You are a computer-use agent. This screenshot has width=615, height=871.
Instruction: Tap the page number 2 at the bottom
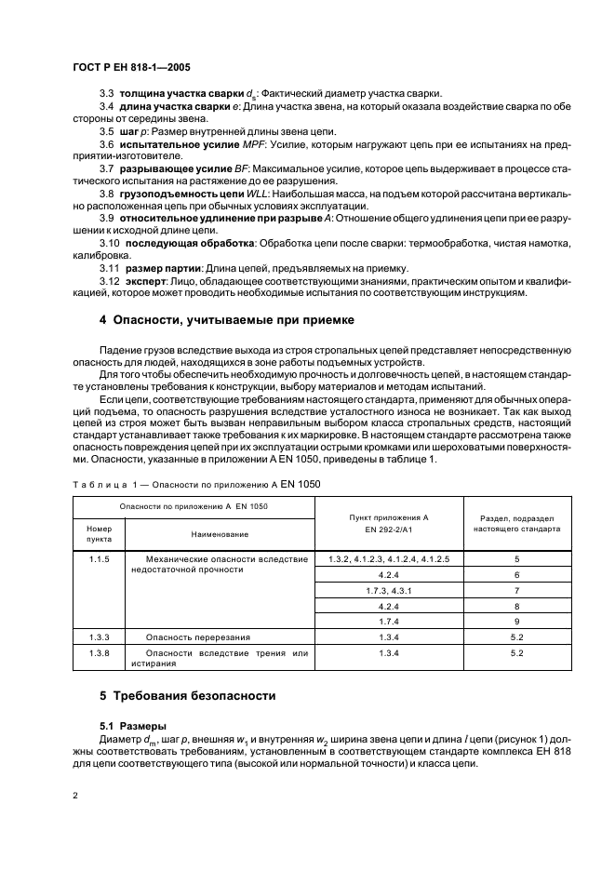pos(74,797)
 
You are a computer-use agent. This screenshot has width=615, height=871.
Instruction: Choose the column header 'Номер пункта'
pos(99,533)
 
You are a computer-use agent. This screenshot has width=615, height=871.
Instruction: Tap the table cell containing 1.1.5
pos(99,558)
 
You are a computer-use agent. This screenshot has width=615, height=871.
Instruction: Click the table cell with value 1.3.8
pos(99,653)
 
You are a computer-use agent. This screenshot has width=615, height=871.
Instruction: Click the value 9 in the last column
pos(518,621)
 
